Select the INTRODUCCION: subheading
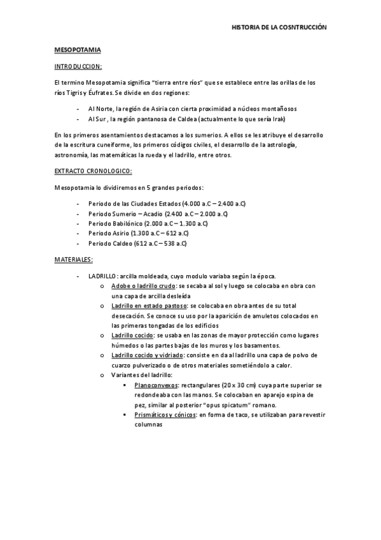78,66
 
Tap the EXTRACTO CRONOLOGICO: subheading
93,171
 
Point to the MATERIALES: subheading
74,259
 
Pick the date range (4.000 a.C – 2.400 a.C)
214,203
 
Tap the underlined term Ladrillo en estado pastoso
148,306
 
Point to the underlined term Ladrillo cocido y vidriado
148,355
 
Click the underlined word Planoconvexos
156,385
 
